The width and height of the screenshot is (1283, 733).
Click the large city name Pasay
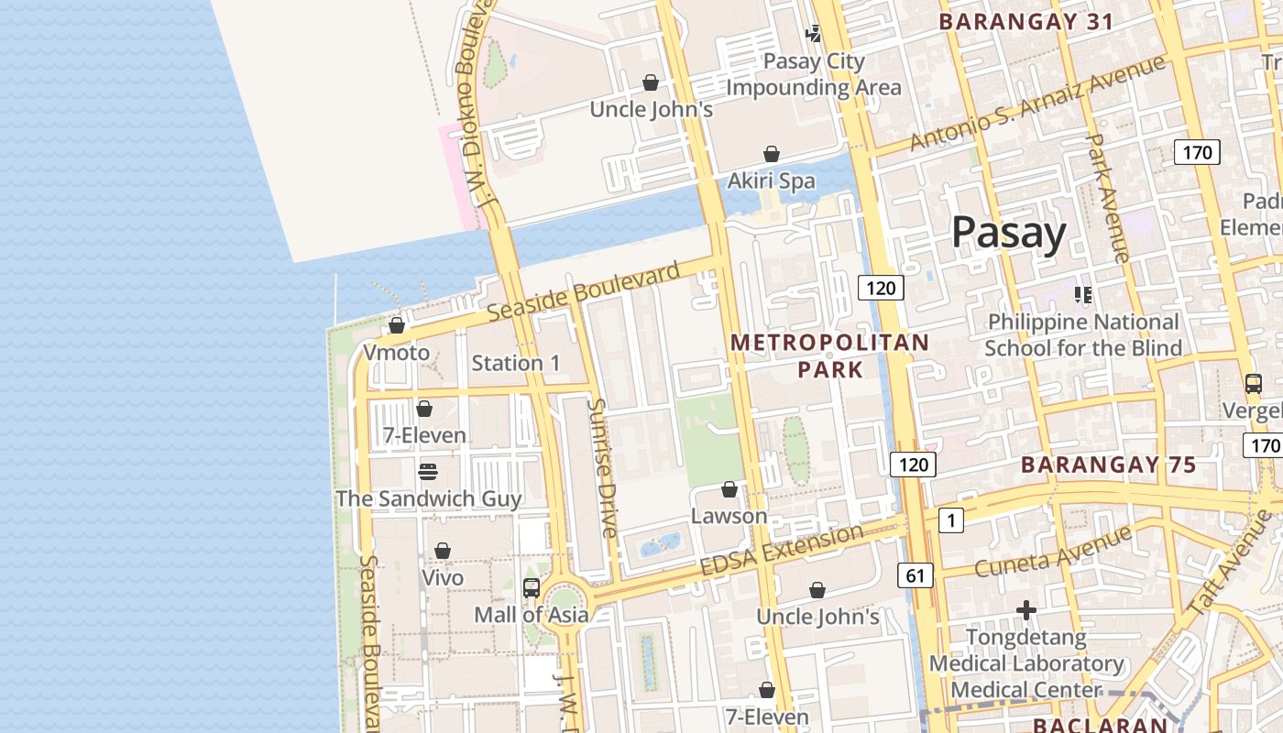click(x=1008, y=233)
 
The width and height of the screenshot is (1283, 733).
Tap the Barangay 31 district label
click(x=1025, y=21)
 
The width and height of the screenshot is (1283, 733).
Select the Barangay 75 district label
click(x=1108, y=465)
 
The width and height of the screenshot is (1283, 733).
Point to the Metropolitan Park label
click(x=829, y=356)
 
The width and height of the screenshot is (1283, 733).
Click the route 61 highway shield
click(x=915, y=575)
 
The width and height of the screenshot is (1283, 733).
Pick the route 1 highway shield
click(x=951, y=521)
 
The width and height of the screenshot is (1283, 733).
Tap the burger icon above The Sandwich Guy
click(x=428, y=472)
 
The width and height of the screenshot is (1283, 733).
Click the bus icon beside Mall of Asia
click(x=532, y=587)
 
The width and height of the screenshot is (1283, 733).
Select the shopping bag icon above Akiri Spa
click(x=772, y=154)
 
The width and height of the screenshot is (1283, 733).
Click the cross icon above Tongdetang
click(x=1026, y=609)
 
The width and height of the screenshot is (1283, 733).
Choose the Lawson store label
click(x=729, y=516)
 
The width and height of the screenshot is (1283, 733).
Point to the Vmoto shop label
click(x=396, y=353)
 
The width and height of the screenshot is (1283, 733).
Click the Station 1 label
click(x=515, y=363)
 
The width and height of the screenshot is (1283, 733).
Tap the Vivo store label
click(x=442, y=578)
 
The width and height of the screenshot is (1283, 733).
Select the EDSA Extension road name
click(x=781, y=550)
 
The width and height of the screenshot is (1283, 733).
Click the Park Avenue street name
click(x=1108, y=197)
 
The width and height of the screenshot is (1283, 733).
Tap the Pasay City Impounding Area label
click(x=814, y=74)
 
